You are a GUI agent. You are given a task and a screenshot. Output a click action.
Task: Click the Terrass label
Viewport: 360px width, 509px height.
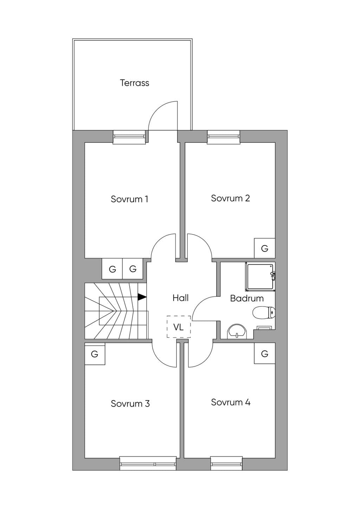pos(135,83)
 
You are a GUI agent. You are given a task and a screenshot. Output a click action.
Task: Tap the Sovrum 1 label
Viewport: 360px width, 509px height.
pos(129,199)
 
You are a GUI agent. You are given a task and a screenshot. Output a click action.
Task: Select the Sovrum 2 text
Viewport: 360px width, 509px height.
pos(231,198)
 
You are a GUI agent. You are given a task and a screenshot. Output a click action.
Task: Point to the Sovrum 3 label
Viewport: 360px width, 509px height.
pos(130,404)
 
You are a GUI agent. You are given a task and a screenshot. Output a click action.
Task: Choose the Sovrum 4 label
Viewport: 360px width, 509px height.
pos(231,402)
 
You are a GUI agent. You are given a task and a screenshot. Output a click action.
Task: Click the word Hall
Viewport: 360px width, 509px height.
pos(181,298)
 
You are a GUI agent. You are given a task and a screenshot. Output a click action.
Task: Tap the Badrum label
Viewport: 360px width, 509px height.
pos(247,298)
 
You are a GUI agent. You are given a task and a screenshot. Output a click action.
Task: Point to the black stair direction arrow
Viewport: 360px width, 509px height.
pos(142,297)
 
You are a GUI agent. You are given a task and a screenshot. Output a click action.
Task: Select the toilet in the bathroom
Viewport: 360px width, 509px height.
pos(264,313)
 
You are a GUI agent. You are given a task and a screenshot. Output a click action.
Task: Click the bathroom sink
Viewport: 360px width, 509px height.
pos(237,331)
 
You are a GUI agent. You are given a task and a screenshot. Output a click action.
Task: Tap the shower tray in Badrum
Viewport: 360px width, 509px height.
pos(260,277)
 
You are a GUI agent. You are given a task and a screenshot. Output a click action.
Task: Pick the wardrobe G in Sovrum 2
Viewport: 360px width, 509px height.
pos(264,248)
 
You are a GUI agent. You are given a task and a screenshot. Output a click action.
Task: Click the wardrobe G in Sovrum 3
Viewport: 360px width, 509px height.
pos(95,354)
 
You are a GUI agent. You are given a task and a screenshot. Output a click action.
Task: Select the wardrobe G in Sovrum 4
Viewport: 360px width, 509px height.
pos(264,353)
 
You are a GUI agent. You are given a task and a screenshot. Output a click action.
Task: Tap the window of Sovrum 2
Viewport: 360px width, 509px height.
pos(224,137)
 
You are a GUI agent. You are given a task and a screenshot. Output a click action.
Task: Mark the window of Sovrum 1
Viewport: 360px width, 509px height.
pos(129,137)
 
